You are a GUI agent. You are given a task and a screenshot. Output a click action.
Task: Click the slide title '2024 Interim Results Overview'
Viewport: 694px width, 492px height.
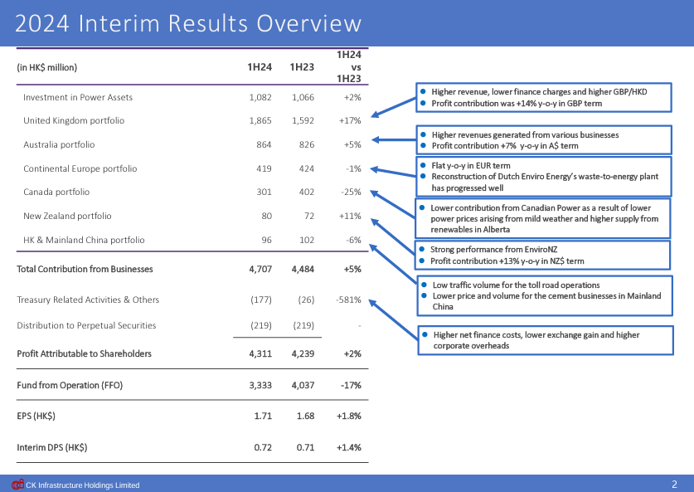pos(189,23)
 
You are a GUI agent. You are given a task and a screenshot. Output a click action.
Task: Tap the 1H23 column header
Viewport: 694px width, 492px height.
pos(303,67)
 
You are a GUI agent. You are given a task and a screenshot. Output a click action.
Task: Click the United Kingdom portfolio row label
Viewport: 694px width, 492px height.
pos(74,120)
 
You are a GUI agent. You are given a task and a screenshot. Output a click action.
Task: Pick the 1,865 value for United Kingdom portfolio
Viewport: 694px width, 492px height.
pos(260,120)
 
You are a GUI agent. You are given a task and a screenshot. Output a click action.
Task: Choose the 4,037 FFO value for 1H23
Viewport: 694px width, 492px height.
pos(303,385)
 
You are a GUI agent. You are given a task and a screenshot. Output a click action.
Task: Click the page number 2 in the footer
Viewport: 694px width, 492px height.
pos(675,484)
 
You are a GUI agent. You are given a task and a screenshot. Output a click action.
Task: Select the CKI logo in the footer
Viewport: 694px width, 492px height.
pos(17,485)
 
